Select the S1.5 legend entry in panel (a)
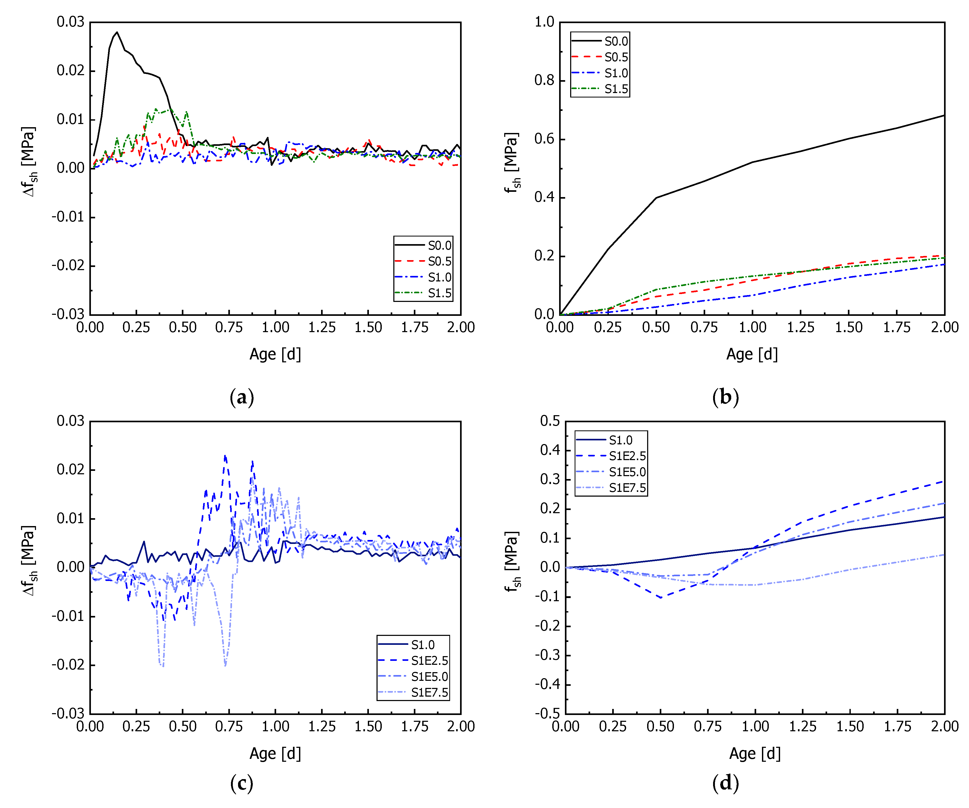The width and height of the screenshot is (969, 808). click(x=439, y=293)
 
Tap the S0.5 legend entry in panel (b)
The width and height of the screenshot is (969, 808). click(x=616, y=57)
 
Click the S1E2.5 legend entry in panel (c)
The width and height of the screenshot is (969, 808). click(x=429, y=660)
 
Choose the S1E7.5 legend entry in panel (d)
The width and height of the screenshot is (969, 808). click(x=627, y=488)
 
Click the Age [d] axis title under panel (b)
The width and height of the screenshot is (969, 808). click(x=752, y=354)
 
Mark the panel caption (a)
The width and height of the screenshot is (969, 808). click(x=242, y=397)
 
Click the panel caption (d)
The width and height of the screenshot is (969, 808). click(x=725, y=783)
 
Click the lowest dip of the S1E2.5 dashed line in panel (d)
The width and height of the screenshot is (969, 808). click(x=661, y=598)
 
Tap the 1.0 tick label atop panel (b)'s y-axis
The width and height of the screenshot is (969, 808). click(x=544, y=22)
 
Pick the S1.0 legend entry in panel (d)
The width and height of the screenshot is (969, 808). click(x=620, y=440)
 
